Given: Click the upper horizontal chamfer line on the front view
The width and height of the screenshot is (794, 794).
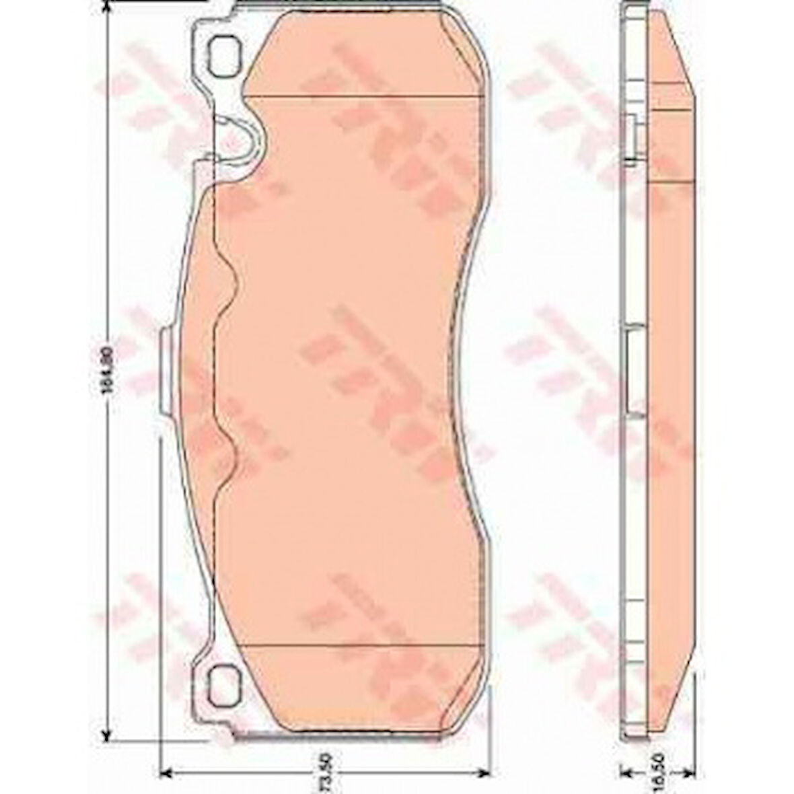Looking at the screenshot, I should click(x=363, y=97).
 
